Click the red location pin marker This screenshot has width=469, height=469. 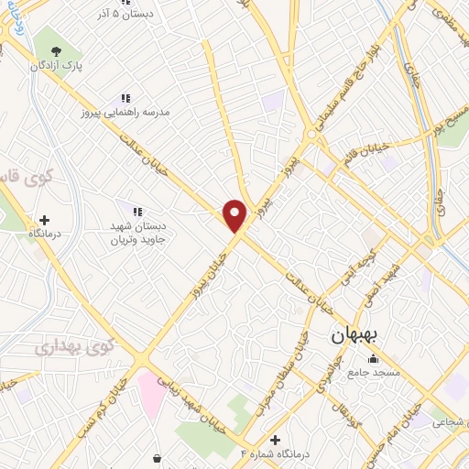click(235, 214)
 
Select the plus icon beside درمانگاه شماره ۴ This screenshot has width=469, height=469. click(274, 440)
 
